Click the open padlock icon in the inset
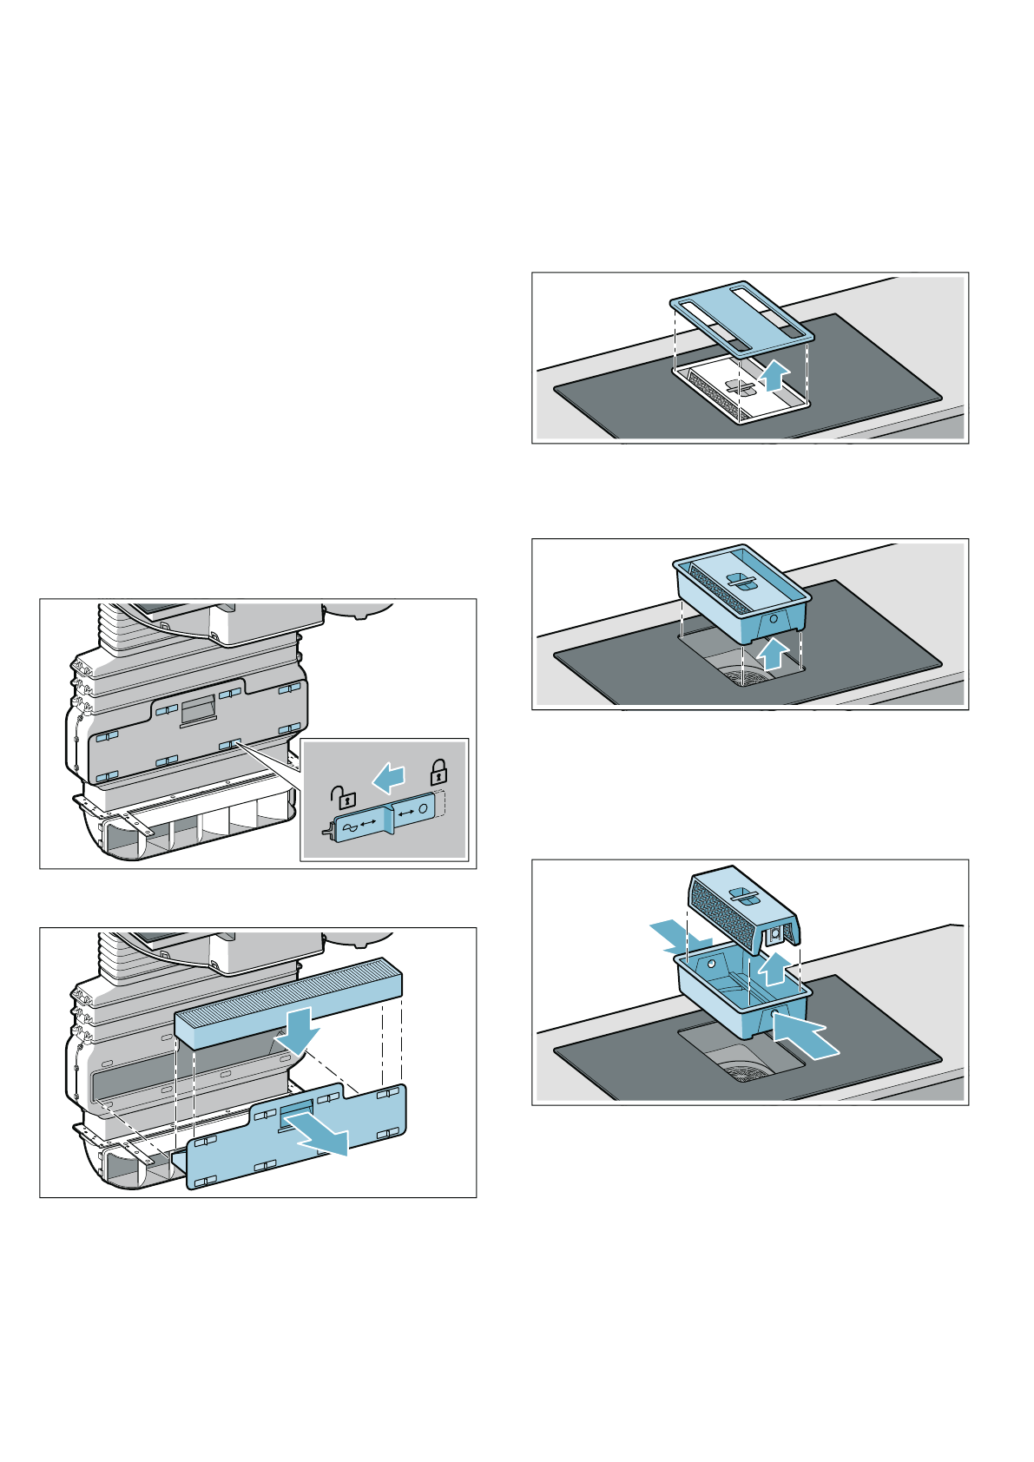point(345,795)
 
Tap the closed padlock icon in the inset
point(439,771)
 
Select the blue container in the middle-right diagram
point(741,600)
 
